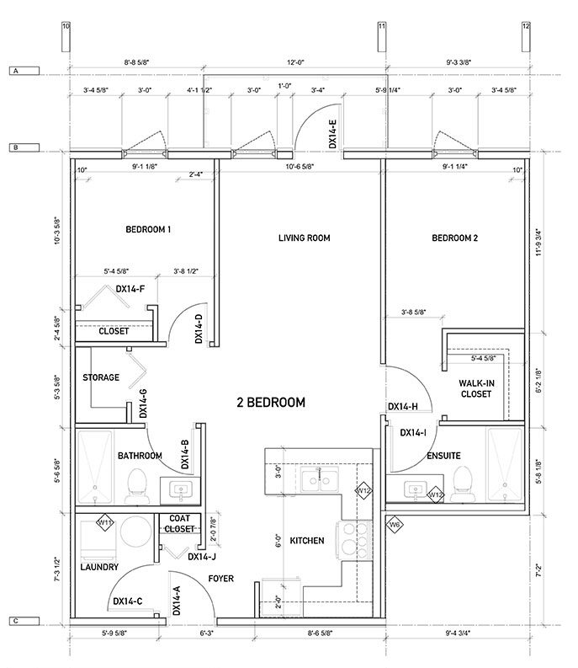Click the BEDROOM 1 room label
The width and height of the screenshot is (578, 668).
148,229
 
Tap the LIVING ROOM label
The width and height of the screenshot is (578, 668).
304,238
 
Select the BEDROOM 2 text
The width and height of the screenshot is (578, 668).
454,238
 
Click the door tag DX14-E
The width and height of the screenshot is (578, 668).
333,134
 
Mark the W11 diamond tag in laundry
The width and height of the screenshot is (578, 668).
106,523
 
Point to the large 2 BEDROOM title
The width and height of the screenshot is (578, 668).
270,403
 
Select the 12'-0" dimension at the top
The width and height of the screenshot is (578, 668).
293,62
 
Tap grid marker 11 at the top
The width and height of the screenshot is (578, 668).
381,27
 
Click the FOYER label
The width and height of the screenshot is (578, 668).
220,579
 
